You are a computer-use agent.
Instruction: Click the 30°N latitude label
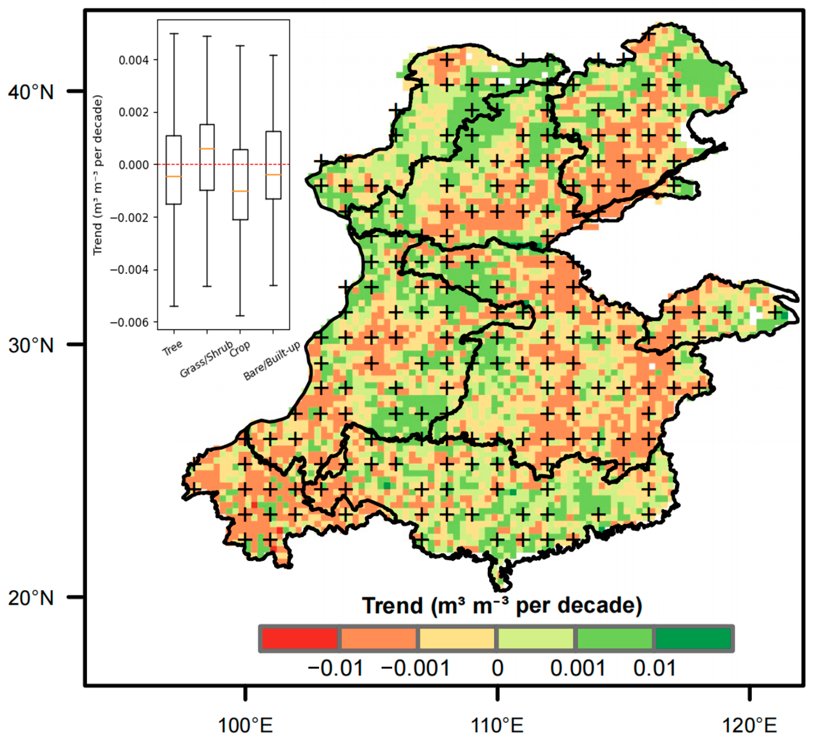pyautogui.click(x=31, y=346)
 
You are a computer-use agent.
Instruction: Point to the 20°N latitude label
pyautogui.click(x=31, y=598)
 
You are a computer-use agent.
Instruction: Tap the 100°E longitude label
pyautogui.click(x=245, y=725)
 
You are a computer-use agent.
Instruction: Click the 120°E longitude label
pyautogui.click(x=749, y=725)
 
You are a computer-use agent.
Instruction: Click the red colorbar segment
pyautogui.click(x=299, y=638)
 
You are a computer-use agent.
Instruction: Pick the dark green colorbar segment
pyautogui.click(x=693, y=638)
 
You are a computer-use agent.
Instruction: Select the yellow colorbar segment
pyautogui.click(x=457, y=638)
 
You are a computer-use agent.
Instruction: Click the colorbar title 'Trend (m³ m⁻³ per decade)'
pyautogui.click(x=502, y=605)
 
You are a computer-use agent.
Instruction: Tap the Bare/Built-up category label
pyautogui.click(x=272, y=361)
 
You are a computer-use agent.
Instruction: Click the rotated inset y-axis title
pyautogui.click(x=98, y=175)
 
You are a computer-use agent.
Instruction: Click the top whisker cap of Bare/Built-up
pyautogui.click(x=273, y=55)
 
